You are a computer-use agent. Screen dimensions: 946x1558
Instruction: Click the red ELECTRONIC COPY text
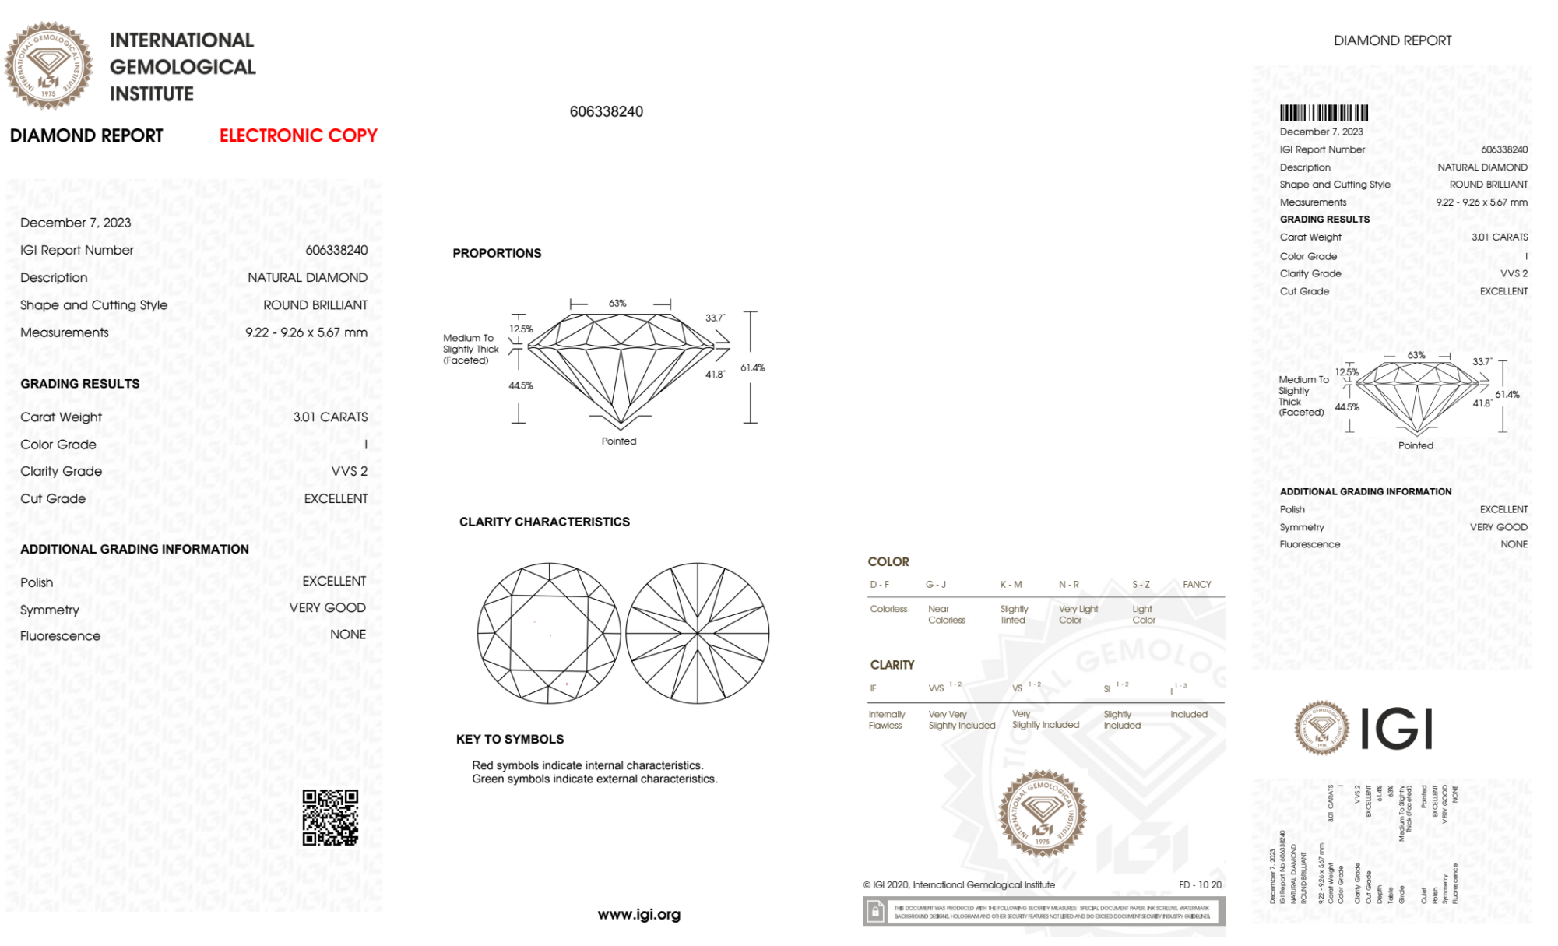click(298, 135)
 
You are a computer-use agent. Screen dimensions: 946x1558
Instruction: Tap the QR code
click(330, 818)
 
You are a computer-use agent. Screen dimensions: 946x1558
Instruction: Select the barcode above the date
click(1324, 113)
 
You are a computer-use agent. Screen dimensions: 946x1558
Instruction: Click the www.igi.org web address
click(638, 915)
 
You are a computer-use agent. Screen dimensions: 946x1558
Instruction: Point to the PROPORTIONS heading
click(497, 254)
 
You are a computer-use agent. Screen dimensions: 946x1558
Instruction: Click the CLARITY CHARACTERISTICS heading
click(544, 522)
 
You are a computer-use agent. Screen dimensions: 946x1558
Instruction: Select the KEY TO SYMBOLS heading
click(510, 740)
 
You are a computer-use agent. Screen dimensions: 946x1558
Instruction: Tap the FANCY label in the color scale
click(1197, 585)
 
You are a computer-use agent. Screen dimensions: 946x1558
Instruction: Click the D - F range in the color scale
click(879, 585)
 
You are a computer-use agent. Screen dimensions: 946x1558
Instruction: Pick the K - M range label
click(1011, 585)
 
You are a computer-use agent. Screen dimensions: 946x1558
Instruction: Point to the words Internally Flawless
click(886, 720)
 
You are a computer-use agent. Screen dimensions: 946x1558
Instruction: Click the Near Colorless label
click(946, 615)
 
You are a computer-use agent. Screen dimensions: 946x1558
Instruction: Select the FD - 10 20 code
click(1200, 885)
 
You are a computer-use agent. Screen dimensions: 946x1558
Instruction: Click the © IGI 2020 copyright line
click(958, 885)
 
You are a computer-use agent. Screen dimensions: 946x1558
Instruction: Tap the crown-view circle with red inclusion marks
click(550, 634)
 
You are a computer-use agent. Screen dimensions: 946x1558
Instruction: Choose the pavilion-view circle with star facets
click(698, 634)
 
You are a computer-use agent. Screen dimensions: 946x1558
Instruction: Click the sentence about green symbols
click(594, 779)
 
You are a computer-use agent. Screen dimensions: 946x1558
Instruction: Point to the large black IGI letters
click(1397, 730)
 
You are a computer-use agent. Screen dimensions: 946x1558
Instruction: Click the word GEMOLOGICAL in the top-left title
click(183, 68)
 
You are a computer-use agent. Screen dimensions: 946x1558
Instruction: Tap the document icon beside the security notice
click(875, 912)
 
